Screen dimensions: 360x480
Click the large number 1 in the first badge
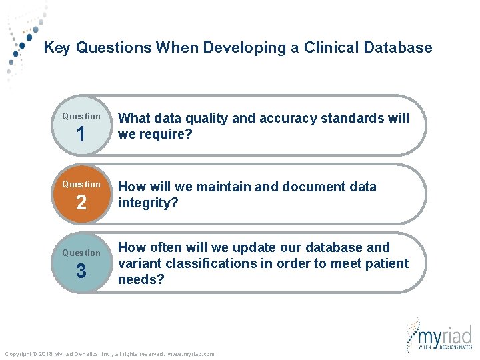pos(81,135)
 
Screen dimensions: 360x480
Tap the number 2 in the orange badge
pos(81,203)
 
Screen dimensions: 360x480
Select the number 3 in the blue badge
pos(81,271)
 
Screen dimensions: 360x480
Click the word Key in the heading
pos(56,48)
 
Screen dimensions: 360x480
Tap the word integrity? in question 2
pos(148,202)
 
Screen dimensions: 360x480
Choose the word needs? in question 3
pos(140,279)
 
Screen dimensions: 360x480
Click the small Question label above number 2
pos(81,184)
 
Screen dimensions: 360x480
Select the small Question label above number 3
pos(81,253)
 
